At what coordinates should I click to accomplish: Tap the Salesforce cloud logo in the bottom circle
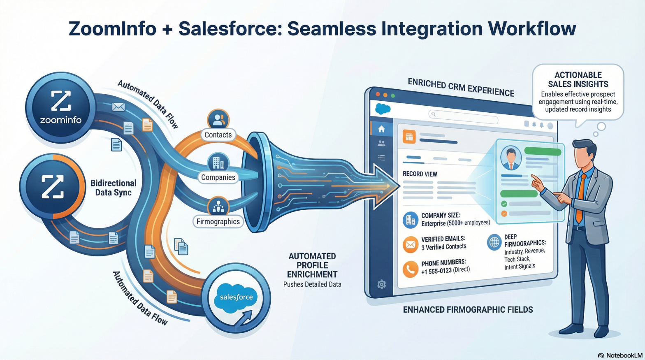pyautogui.click(x=236, y=297)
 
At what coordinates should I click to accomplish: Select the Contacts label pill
pyautogui.click(x=218, y=135)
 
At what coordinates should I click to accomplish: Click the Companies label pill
pyautogui.click(x=218, y=177)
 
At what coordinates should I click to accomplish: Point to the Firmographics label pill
pyautogui.click(x=218, y=222)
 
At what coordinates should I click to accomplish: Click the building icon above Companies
pyautogui.click(x=218, y=163)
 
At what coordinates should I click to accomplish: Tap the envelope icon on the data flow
pyautogui.click(x=118, y=107)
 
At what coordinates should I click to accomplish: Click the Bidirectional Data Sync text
pyautogui.click(x=113, y=188)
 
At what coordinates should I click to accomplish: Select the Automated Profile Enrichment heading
pyautogui.click(x=312, y=265)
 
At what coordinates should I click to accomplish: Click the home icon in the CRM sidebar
pyautogui.click(x=381, y=129)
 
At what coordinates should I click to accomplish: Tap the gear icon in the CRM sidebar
pyautogui.click(x=381, y=284)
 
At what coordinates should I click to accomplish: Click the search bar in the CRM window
pyautogui.click(x=463, y=116)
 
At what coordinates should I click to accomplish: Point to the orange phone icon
pyautogui.click(x=410, y=269)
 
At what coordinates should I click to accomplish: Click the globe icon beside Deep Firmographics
pyautogui.click(x=494, y=242)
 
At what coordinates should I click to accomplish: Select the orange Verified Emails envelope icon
pyautogui.click(x=410, y=244)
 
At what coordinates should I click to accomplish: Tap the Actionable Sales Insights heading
pyautogui.click(x=578, y=79)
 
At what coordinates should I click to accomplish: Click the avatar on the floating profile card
pyautogui.click(x=511, y=158)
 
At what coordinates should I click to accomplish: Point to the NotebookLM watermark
pyautogui.click(x=620, y=355)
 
